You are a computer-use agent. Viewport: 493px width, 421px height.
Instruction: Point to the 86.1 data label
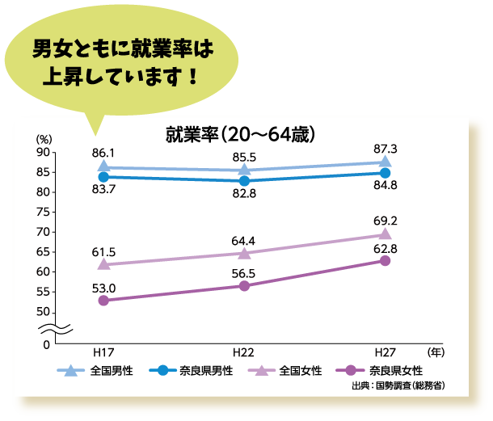pos(103,152)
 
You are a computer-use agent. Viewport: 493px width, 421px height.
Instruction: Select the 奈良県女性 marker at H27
pos(385,260)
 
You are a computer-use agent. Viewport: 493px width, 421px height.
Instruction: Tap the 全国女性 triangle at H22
pos(244,253)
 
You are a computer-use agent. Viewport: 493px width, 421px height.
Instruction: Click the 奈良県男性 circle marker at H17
pos(103,176)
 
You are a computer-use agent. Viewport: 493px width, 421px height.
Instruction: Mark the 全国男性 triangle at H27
pos(385,162)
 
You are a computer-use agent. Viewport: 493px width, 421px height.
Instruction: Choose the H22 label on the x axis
pos(244,353)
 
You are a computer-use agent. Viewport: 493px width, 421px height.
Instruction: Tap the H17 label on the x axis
pos(103,353)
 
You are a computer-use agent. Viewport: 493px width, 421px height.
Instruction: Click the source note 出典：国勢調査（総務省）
pos(398,387)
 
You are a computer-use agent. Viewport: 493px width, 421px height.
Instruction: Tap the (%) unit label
pos(44,139)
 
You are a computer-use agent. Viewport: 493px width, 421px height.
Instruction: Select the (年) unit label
pos(436,353)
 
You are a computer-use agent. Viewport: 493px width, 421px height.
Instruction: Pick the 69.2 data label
pos(385,220)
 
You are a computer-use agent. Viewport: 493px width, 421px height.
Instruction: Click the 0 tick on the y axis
pos(47,345)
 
